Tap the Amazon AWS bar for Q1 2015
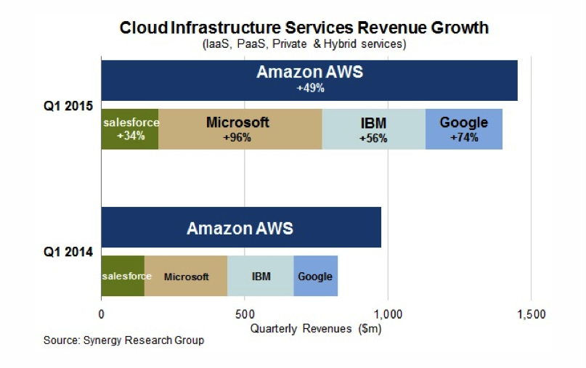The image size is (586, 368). [x=309, y=80]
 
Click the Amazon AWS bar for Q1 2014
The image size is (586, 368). [x=240, y=228]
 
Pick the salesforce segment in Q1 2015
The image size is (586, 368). [x=130, y=129]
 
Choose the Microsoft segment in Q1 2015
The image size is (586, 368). [x=240, y=129]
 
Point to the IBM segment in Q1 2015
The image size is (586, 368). [x=373, y=129]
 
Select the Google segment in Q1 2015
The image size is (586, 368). [x=464, y=129]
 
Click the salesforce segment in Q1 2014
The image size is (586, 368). [x=123, y=276]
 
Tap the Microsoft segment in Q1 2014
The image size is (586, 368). [x=186, y=276]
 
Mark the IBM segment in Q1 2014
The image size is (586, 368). [x=261, y=276]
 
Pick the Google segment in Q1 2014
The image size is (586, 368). [x=315, y=276]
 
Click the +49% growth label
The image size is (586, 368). [x=310, y=89]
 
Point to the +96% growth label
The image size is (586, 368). [x=237, y=137]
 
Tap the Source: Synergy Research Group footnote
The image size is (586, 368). [x=123, y=340]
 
